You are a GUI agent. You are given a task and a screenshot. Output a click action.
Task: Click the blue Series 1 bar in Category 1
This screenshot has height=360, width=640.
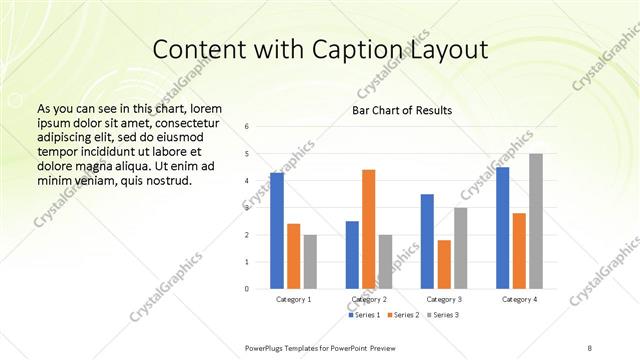277,231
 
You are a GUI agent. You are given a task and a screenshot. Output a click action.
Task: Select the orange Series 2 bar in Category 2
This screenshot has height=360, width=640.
368,229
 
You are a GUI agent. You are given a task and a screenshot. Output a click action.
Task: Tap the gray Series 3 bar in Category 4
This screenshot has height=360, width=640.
536,221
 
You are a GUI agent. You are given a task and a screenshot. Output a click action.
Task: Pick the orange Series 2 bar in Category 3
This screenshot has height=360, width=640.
444,264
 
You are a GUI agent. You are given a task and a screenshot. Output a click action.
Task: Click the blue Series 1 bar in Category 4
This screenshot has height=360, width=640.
502,228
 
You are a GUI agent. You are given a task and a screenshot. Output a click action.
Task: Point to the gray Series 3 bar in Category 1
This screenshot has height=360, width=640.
310,262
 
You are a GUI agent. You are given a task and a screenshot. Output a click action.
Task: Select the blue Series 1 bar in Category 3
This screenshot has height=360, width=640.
427,241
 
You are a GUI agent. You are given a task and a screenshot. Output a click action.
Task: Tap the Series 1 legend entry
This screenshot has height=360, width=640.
363,315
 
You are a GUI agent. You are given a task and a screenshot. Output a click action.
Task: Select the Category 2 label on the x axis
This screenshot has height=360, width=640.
368,299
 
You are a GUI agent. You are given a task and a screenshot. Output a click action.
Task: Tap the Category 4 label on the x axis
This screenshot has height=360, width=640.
519,299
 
